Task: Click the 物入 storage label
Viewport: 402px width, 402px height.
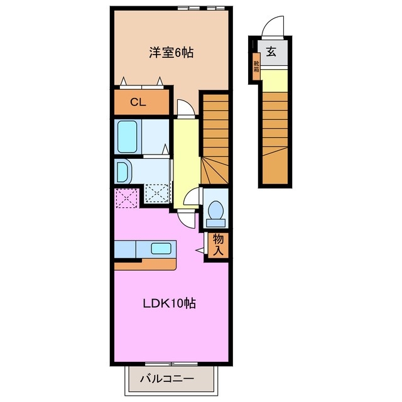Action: click(x=218, y=245)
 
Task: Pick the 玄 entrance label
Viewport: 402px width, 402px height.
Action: click(x=271, y=53)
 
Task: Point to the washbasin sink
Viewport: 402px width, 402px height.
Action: click(x=122, y=171)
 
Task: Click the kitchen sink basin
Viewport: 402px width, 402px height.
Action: click(x=161, y=247)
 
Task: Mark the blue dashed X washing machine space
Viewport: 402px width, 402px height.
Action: click(x=157, y=193)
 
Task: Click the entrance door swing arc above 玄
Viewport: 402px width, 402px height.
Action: click(x=274, y=26)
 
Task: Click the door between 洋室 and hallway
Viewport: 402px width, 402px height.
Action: click(x=185, y=108)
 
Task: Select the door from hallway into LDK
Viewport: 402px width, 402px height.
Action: click(x=186, y=219)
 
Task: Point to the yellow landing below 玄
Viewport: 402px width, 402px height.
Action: click(x=274, y=80)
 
